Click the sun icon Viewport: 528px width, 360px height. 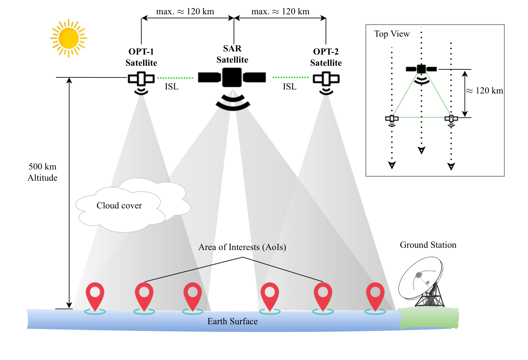68,38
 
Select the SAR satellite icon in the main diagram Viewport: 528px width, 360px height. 232,77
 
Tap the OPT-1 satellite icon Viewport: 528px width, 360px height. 141,79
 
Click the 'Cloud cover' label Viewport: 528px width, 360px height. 119,206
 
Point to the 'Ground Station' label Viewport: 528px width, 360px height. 428,245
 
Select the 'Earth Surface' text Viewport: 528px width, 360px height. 232,322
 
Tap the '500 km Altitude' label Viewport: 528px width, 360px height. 43,172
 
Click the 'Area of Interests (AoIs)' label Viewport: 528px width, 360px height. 242,247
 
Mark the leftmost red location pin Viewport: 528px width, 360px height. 95,295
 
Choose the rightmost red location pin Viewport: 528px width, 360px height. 375,295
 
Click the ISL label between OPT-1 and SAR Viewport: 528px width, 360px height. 171,87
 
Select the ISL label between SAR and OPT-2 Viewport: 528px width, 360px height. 289,87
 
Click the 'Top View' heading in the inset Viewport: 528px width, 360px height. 392,34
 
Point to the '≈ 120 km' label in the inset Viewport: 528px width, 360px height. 486,91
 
